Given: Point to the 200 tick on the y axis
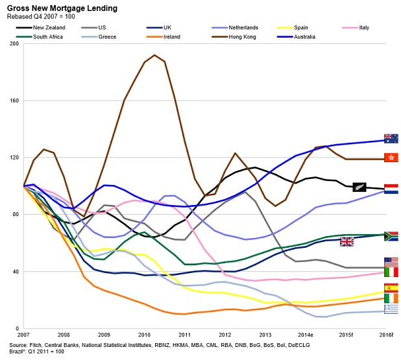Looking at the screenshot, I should (x=14, y=44).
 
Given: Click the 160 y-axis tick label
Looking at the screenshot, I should (x=14, y=101).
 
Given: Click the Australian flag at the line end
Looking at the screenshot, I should (x=391, y=138).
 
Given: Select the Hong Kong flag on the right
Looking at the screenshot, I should (x=391, y=158).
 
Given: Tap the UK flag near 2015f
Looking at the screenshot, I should (x=346, y=241).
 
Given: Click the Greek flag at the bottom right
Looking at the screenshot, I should (x=391, y=309).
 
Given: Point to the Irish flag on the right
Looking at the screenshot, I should (x=391, y=298).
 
